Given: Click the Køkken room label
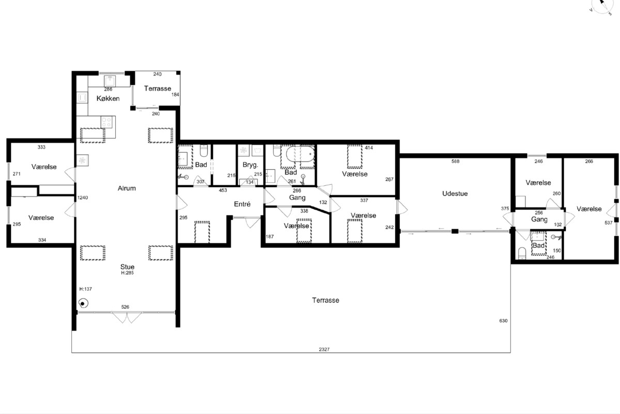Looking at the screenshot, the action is click(x=108, y=98).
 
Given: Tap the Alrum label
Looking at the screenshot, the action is click(x=127, y=188).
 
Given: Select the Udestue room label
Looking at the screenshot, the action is click(x=455, y=194).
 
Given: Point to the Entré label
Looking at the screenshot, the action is click(x=242, y=204).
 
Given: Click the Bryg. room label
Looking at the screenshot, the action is click(x=250, y=165).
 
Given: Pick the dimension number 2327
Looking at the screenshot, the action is click(x=324, y=349).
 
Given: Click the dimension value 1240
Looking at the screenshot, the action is click(x=83, y=198).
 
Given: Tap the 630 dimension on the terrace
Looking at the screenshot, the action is click(x=503, y=321).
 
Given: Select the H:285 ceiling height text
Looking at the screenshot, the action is click(x=127, y=273).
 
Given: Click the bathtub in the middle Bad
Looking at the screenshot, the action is click(x=300, y=154).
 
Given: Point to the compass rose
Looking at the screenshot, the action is click(x=602, y=6).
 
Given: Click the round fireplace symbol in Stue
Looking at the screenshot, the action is click(x=83, y=303).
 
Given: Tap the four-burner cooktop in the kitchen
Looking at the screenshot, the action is click(x=106, y=122).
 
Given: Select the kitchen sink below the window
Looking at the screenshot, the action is click(x=110, y=81).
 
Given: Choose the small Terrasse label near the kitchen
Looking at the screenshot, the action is click(x=158, y=88).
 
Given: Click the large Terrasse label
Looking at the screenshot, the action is click(x=326, y=300).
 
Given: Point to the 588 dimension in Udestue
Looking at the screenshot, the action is click(x=455, y=161).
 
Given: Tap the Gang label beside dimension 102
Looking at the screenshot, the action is click(x=539, y=219).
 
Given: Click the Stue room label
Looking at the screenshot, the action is click(x=127, y=267).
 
